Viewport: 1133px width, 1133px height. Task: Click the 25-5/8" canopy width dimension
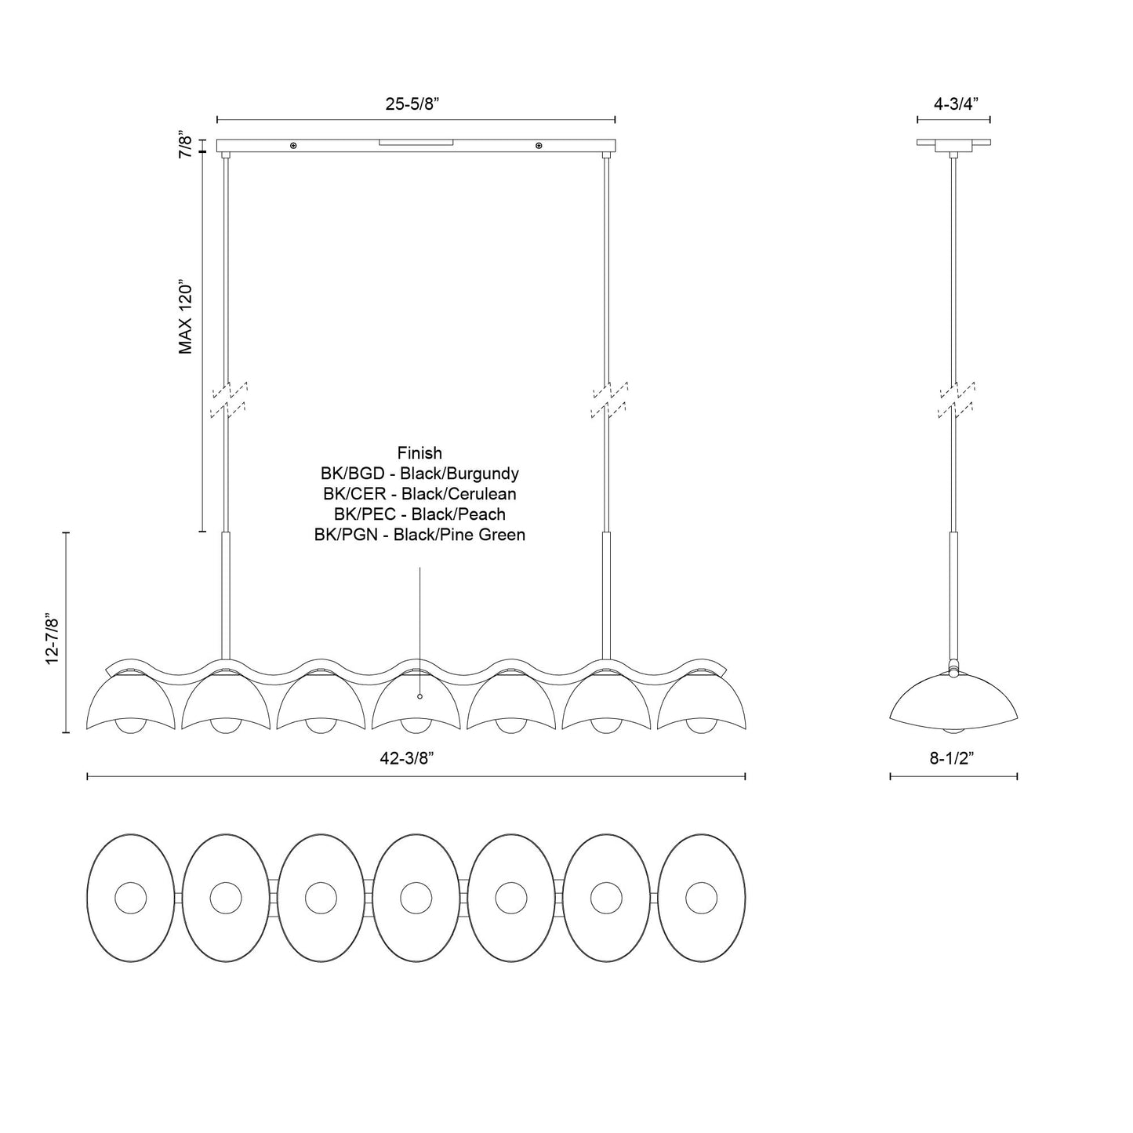click(416, 104)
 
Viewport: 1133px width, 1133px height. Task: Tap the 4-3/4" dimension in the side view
click(953, 104)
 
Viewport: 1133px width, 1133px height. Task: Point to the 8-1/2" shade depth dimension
click(953, 757)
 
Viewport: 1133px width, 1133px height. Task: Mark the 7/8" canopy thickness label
click(186, 146)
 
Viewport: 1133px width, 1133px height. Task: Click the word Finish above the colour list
click(419, 453)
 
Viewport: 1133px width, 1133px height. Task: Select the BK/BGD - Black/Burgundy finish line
click(419, 474)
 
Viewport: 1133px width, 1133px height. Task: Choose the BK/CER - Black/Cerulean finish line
click(419, 494)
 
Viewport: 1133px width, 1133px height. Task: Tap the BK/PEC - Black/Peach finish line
click(419, 514)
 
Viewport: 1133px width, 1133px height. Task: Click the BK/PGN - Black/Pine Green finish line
click(419, 535)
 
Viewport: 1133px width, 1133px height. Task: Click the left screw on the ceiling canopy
click(293, 146)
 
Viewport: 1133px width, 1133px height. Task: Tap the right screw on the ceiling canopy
click(539, 146)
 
